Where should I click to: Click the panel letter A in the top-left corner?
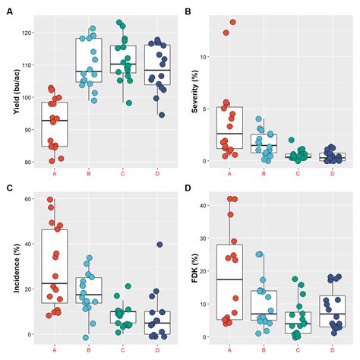9,11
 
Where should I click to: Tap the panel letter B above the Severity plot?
188,11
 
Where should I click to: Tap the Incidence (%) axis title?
17,267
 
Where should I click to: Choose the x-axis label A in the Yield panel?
55,173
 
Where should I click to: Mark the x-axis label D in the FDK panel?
332,348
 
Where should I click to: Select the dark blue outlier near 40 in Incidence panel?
159,245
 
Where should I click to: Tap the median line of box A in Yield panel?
55,121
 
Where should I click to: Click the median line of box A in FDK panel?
229,279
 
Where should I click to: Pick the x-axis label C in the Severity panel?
298,173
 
